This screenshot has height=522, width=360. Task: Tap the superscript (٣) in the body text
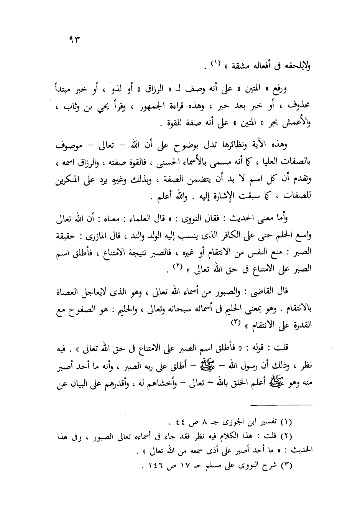tap(235, 323)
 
